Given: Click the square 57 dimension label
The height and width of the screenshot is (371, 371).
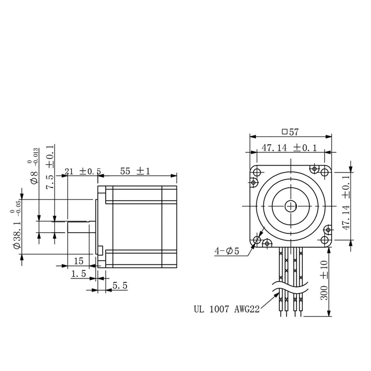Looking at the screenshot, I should pos(290,132).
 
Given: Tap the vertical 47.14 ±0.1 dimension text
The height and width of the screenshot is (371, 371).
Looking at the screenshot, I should pos(345,203).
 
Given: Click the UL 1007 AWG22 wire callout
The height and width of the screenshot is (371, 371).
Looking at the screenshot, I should pos(226,308).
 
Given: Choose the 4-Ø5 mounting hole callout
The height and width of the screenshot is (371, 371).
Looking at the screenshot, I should pos(227,251).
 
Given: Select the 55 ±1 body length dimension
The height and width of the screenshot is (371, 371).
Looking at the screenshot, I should pos(135,171).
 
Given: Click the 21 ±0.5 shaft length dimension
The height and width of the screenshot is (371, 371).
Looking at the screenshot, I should pos(83,171).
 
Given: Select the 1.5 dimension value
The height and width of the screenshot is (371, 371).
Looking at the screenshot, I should pos(78,275).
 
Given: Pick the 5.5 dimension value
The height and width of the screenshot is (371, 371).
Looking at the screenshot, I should pos(120,286).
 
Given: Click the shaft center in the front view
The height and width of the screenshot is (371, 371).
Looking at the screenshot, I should pos(291,205).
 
